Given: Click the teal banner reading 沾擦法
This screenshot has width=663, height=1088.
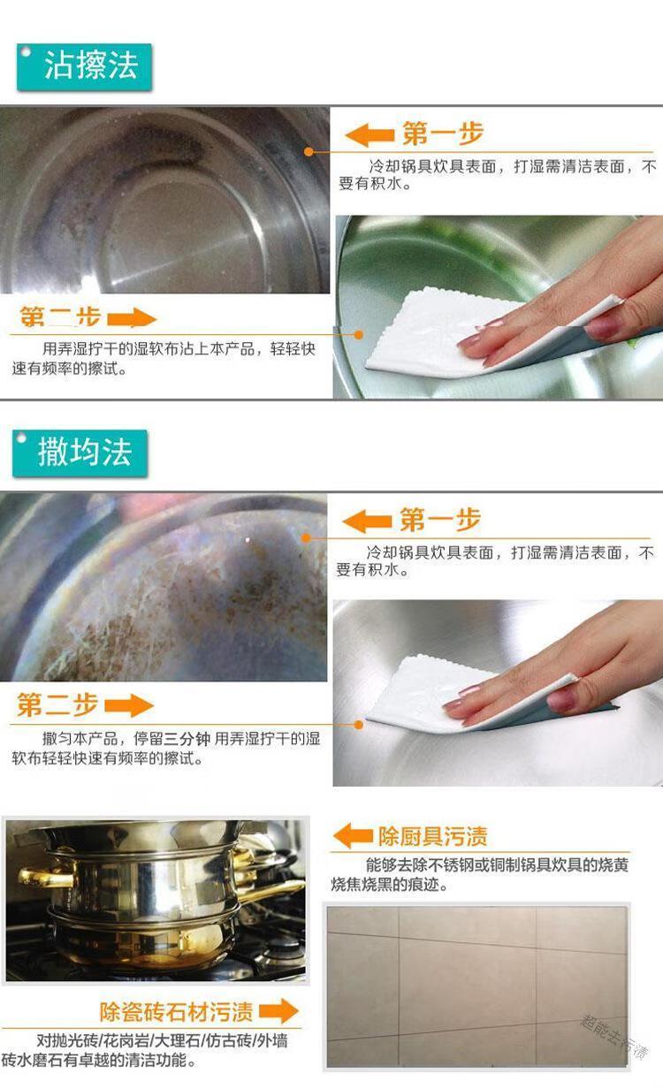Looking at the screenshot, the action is click(x=84, y=67).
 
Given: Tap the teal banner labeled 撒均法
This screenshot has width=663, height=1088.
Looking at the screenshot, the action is click(x=80, y=453).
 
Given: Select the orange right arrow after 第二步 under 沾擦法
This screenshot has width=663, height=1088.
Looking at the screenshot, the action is click(x=132, y=319).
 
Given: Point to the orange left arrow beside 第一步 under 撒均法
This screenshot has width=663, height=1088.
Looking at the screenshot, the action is click(x=367, y=521).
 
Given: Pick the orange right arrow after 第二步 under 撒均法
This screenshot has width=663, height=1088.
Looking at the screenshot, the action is click(x=129, y=706).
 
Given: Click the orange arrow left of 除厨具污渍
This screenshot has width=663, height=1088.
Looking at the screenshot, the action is click(x=353, y=836).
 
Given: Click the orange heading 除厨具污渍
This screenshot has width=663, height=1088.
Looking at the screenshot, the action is click(x=433, y=837).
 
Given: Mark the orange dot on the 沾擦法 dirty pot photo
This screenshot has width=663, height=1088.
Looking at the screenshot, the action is click(x=309, y=151).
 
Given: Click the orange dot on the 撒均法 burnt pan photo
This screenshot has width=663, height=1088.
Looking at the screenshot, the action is click(x=306, y=537).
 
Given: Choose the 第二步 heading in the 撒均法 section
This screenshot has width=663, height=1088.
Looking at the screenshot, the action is click(x=57, y=705).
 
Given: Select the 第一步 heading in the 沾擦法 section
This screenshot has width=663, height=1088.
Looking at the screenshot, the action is click(x=443, y=133).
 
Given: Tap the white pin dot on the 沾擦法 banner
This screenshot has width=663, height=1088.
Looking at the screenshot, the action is click(x=26, y=51).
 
